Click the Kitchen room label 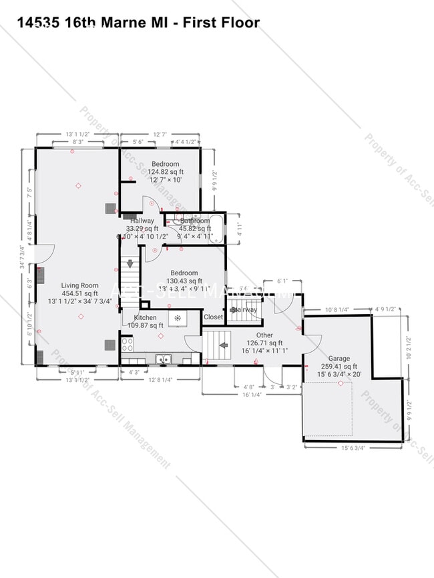pos(145,317)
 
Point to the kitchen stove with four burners pos(127,345)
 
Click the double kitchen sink pos(164,360)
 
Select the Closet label pos(213,317)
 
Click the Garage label pos(339,358)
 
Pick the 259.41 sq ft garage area pos(339,366)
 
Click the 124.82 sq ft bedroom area pos(164,171)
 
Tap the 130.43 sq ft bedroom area pos(184,281)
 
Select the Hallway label pos(142,221)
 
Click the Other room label pos(264,335)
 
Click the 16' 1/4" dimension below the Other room pos(252,394)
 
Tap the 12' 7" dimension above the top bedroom pos(160,134)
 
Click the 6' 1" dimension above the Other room pos(282,282)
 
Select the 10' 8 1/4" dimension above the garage pos(338,310)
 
